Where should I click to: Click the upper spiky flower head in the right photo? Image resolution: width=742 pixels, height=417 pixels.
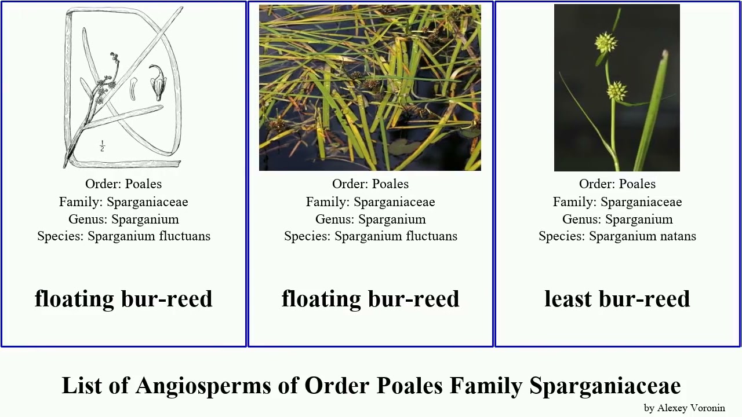coord(605,42)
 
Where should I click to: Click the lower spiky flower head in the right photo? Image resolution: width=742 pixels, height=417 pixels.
coord(616,91)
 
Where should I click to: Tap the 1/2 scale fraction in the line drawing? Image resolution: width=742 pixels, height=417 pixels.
coord(102,145)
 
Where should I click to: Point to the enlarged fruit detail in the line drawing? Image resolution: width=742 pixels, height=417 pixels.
coord(157,82)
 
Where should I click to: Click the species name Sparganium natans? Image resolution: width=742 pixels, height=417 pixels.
coord(642,236)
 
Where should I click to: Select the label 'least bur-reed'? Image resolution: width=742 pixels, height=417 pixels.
coord(617,299)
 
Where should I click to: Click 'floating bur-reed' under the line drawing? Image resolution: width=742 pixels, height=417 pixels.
coord(123,299)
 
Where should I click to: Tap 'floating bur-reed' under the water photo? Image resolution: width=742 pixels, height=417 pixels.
coord(370,299)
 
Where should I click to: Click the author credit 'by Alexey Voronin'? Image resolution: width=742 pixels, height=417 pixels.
coord(684,408)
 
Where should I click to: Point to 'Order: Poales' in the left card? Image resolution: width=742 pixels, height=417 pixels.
coord(123,184)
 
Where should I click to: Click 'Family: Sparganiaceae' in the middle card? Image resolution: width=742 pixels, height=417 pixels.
coord(370,202)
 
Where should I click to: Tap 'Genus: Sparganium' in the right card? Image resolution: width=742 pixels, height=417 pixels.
coord(617,219)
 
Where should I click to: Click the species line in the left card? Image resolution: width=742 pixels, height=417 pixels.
coord(123,236)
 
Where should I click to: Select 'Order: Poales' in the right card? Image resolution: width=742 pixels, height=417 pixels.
coord(617,184)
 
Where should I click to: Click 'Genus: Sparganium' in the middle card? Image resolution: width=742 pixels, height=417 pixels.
coord(370,219)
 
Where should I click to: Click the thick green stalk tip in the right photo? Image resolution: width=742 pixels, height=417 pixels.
coord(664,54)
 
